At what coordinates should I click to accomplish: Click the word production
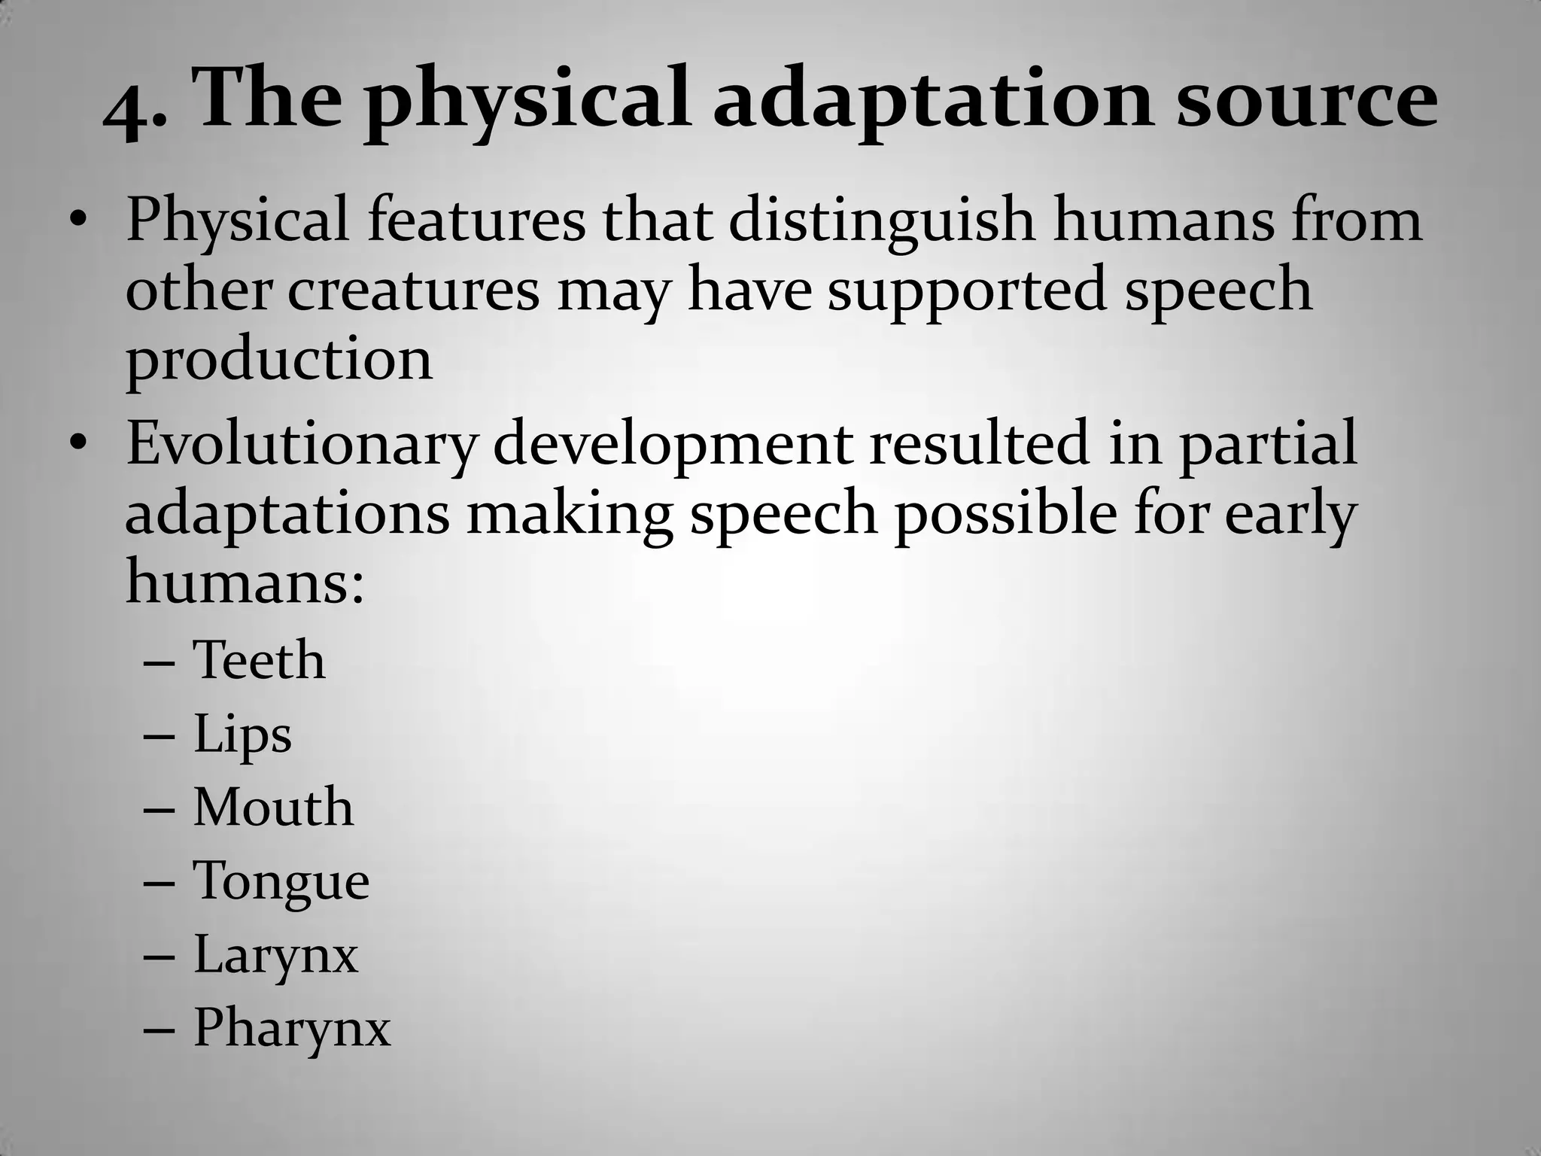tap(279, 360)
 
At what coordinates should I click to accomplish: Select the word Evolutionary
tap(301, 444)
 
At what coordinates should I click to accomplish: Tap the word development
tap(673, 444)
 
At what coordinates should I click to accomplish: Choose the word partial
tap(1267, 444)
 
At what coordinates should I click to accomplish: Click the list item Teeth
tap(259, 660)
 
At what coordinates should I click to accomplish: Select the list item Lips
tap(242, 735)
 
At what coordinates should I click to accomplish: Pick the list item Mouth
tap(273, 807)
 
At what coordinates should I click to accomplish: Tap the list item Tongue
tap(281, 881)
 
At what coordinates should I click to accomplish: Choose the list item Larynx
tap(275, 955)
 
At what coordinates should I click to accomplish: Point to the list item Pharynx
tap(292, 1028)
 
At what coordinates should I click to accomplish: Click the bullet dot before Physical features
tap(78, 222)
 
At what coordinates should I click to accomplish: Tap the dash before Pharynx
tap(159, 1029)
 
